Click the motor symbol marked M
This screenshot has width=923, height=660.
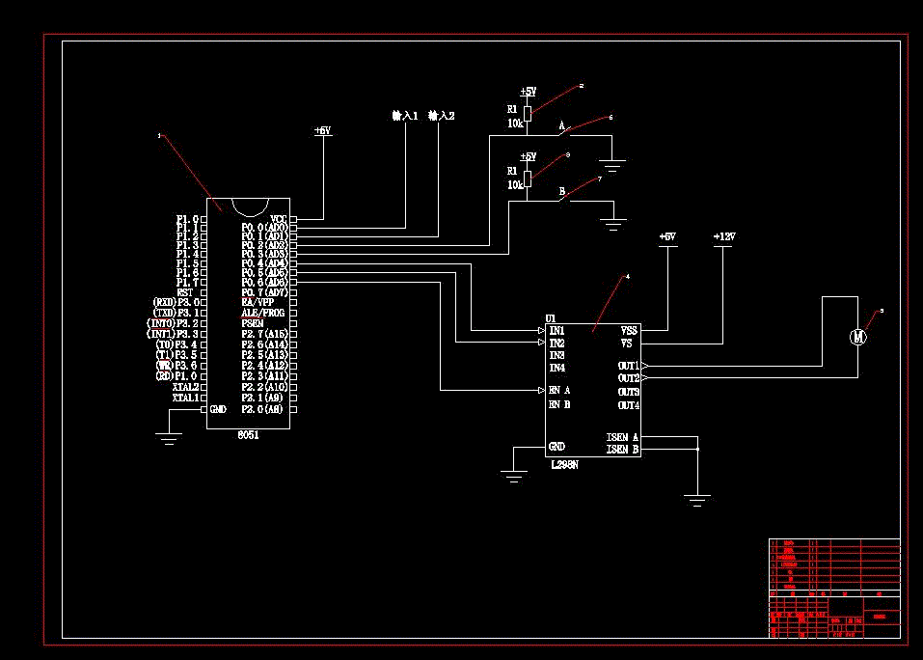point(857,337)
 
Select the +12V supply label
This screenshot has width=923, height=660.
point(723,236)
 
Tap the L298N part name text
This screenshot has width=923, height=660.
point(564,465)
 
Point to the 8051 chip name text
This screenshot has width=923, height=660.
point(249,435)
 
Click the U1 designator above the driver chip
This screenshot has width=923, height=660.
point(551,318)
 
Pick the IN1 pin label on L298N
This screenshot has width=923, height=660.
point(557,331)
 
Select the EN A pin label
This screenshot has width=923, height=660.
point(559,391)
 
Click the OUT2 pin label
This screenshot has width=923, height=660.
point(629,378)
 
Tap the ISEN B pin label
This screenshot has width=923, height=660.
point(623,450)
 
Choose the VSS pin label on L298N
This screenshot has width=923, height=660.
point(628,330)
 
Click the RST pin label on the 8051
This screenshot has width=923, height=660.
point(187,292)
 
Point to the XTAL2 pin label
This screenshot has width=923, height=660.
point(185,387)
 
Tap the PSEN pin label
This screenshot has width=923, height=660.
point(253,323)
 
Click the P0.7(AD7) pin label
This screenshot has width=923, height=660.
point(264,292)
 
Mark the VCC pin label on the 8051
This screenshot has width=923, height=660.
point(279,219)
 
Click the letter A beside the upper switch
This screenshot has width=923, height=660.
point(561,126)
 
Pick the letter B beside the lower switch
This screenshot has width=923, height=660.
point(561,192)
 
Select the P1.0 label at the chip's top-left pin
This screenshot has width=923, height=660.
point(187,219)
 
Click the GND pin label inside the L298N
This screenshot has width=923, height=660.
point(557,447)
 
